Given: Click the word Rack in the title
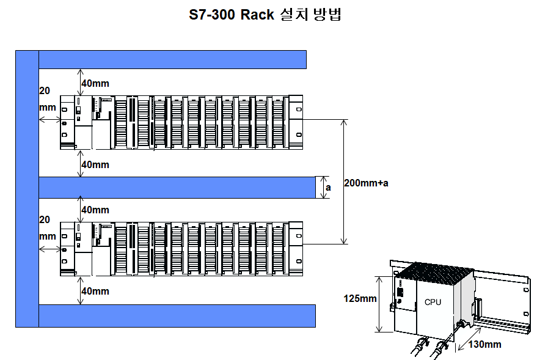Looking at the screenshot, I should coord(257,15).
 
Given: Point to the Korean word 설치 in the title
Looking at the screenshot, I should coord(292,15).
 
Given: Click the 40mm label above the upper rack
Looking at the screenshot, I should coord(95,83).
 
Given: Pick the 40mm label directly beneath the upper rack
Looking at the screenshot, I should coord(95,164).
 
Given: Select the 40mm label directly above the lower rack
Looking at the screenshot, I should coord(95,210).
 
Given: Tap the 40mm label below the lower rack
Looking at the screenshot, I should coord(95,291).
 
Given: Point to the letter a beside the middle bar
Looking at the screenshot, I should coord(328,188).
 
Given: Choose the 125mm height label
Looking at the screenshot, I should coord(360,299).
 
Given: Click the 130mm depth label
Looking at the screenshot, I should coord(484,344).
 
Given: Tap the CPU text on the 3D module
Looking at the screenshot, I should coord(433,302).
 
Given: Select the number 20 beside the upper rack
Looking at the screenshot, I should coord(45,90).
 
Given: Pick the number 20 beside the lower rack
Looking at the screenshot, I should coord(45,219).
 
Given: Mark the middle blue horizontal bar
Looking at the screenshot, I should coord(177,187).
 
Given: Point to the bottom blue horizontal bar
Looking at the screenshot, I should coord(177,315).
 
